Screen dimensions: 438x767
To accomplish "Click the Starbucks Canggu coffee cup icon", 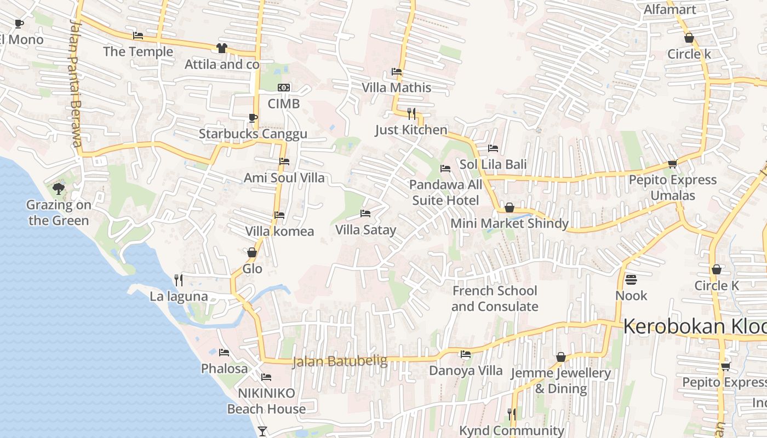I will click(x=253, y=118).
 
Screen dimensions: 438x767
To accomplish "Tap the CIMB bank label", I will click(x=283, y=103).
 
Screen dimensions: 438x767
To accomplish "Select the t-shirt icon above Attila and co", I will click(x=221, y=48).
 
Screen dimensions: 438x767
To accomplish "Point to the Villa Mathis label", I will click(x=396, y=88).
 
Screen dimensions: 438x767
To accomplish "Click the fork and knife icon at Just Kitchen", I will click(x=411, y=113).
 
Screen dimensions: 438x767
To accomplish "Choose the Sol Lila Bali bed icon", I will click(x=493, y=148).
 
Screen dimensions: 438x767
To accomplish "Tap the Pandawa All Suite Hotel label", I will click(x=445, y=193).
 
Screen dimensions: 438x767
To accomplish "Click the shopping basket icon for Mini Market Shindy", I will click(x=510, y=208).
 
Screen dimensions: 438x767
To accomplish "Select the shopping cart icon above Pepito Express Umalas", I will click(x=672, y=164).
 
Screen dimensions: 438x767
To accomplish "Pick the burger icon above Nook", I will click(x=631, y=280).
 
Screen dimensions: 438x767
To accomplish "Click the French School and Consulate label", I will click(x=495, y=298).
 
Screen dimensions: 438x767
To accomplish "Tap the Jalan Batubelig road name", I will click(x=340, y=361).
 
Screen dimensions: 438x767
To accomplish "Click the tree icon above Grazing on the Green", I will click(x=59, y=189).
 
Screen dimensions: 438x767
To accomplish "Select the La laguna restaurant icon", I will click(x=179, y=280).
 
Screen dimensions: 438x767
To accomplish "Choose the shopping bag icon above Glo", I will click(x=252, y=252).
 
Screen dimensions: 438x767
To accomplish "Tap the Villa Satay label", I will click(x=365, y=230).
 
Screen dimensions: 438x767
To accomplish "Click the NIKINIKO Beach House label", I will click(x=266, y=401).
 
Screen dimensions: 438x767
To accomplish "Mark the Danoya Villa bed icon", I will click(x=466, y=354).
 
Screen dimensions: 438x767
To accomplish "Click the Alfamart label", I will click(x=669, y=9).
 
